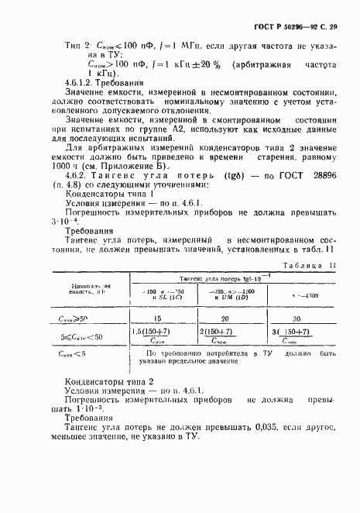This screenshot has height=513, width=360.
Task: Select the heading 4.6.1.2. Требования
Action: [94, 81]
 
